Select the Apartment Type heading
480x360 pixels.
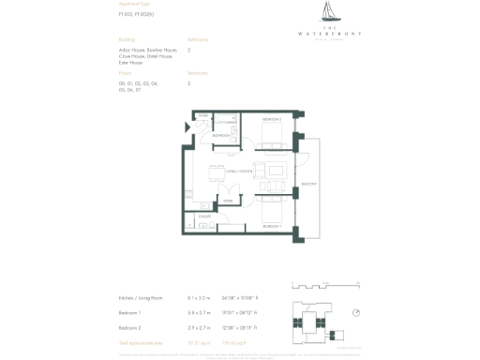tap(134, 5)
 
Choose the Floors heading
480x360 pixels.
tap(125, 72)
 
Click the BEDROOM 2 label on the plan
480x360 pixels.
tap(271, 120)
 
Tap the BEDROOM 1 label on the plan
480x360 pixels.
tap(272, 227)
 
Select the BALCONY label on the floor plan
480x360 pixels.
tap(307, 183)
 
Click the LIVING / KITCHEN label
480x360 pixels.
tap(239, 172)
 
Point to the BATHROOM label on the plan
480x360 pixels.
tap(221, 136)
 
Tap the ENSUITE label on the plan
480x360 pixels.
tap(204, 216)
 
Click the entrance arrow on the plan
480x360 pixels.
tap(187, 127)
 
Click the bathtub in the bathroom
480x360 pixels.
tap(224, 121)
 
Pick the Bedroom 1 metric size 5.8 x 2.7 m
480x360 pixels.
tap(199, 312)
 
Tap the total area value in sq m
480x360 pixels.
tap(199, 343)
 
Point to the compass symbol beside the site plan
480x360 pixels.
tap(356, 312)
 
